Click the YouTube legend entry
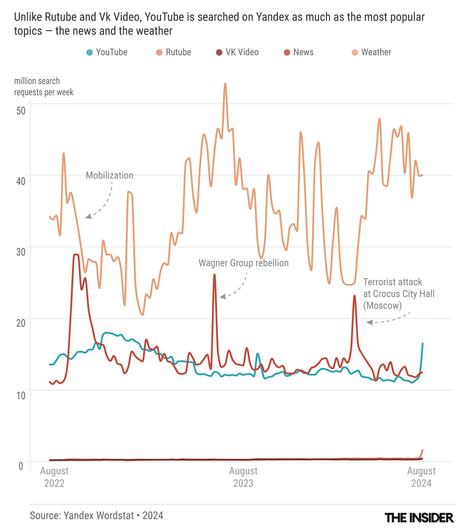[x=107, y=52]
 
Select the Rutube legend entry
[x=174, y=52]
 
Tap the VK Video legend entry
[x=237, y=52]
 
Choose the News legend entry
[x=299, y=52]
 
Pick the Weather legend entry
[x=371, y=52]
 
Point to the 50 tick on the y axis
[x=21, y=111]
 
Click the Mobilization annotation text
[x=110, y=175]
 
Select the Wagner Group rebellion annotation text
[x=244, y=263]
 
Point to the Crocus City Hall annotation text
[x=398, y=294]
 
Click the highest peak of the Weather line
[x=225, y=84]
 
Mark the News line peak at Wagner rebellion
[x=214, y=275]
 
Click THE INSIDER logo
[x=419, y=517]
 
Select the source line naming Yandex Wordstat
[x=96, y=515]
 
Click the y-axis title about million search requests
[x=43, y=86]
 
